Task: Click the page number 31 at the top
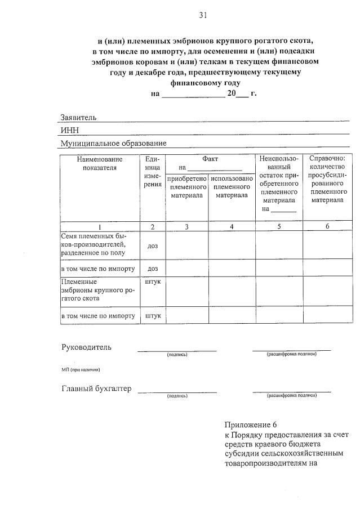(203, 16)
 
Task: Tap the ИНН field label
(69, 131)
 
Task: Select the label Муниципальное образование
(113, 144)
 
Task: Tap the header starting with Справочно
(327, 179)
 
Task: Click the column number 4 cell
(232, 226)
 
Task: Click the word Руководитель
(86, 347)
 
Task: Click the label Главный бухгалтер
(96, 389)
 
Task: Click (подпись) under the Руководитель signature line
(177, 355)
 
